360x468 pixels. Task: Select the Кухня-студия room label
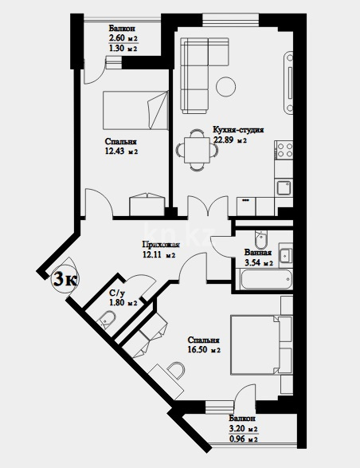pos(238,129)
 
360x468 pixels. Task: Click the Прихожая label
pos(161,245)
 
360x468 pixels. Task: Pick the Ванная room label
pos(258,252)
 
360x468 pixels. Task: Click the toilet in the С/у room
pos(108,321)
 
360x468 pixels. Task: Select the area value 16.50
pos(199,349)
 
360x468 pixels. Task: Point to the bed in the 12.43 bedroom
pos(136,112)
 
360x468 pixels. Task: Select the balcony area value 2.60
pos(117,37)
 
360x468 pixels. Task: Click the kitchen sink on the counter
pos(282,188)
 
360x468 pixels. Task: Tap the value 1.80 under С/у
pos(117,303)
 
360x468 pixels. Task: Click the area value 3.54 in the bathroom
pos(254,262)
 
